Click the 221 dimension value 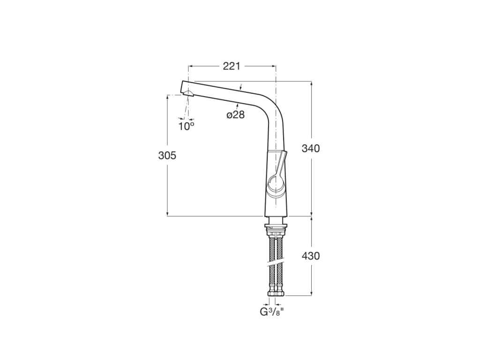[232, 66]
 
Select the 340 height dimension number [310, 149]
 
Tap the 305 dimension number [167, 156]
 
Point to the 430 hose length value [310, 256]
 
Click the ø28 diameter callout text [236, 115]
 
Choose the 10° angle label [186, 126]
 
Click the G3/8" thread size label [272, 311]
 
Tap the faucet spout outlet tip [185, 87]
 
